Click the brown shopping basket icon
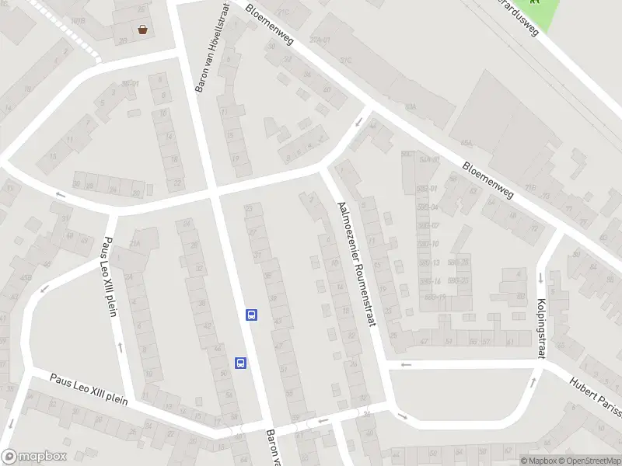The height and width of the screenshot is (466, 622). click(143, 30)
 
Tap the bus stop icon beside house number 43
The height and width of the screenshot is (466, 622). click(252, 315)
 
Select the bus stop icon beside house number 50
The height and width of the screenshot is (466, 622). click(241, 363)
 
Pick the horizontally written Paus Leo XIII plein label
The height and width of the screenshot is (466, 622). click(88, 388)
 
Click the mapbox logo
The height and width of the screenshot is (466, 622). click(33, 457)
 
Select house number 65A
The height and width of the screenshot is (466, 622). click(466, 143)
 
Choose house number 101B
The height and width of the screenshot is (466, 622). click(76, 21)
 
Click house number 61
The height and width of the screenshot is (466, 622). click(509, 341)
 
